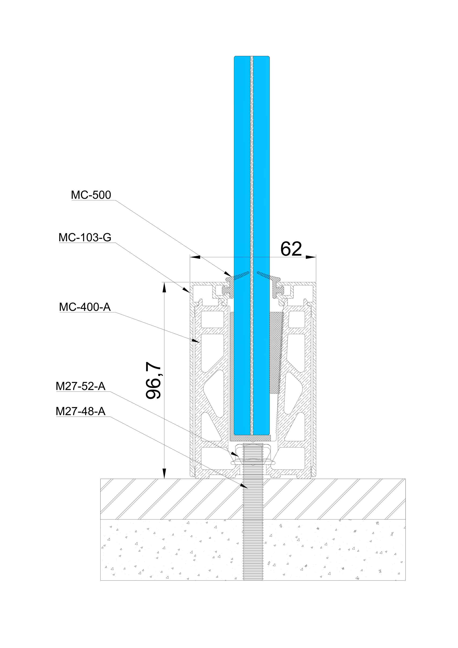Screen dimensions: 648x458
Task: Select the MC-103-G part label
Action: (85, 238)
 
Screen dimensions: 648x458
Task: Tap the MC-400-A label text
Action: (85, 307)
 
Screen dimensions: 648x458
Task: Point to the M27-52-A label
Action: (80, 386)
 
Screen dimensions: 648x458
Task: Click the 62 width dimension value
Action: (291, 249)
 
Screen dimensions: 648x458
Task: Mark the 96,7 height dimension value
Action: (153, 380)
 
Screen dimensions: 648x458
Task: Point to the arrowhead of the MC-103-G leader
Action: (186, 290)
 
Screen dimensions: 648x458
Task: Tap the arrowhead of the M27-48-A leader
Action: (244, 486)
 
